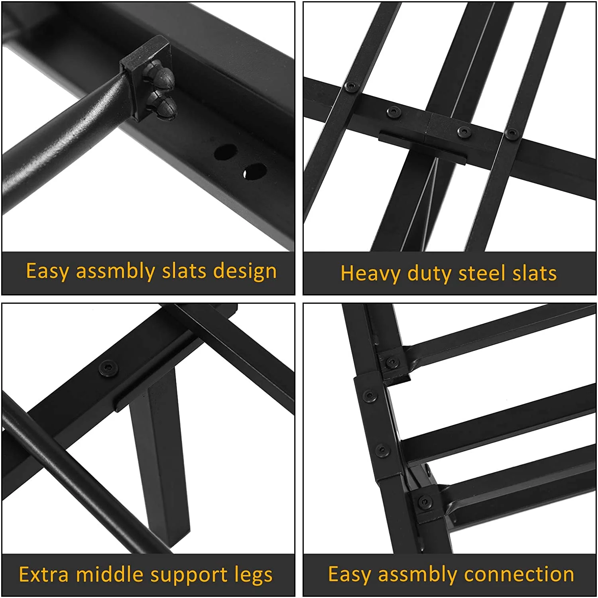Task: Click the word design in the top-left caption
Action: (245, 271)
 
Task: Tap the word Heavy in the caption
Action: (370, 274)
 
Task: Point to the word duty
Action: (429, 274)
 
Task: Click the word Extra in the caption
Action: (44, 574)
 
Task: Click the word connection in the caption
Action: (519, 574)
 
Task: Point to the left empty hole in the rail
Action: (225, 152)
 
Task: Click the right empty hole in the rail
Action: (254, 171)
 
